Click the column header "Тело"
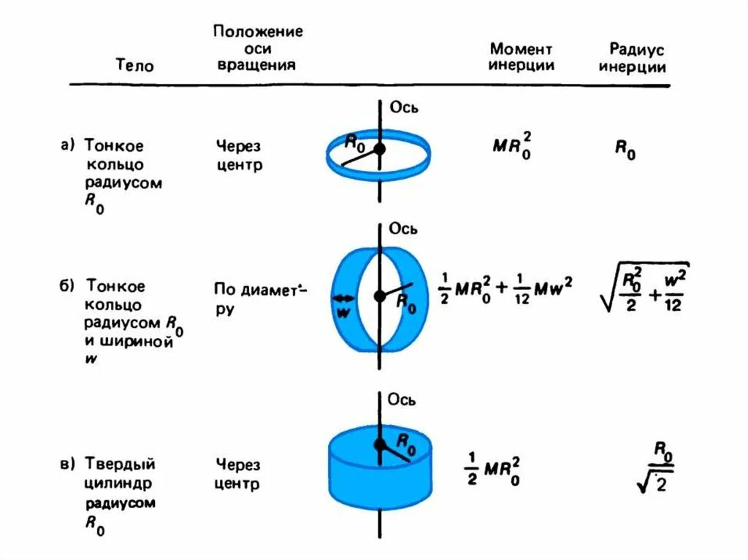coord(135,66)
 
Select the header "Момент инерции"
coord(522,57)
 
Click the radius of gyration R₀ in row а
coord(625,150)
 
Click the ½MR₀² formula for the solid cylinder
coord(495,470)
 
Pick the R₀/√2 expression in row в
coord(654,467)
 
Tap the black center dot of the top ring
coord(379,149)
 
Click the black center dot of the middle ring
coord(379,296)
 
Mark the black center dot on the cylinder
coord(379,444)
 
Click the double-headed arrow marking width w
coord(343,298)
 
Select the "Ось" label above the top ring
coord(403,107)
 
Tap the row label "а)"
coord(68,145)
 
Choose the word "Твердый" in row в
coord(121,464)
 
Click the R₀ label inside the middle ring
coord(406,302)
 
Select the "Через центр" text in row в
coord(238,474)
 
